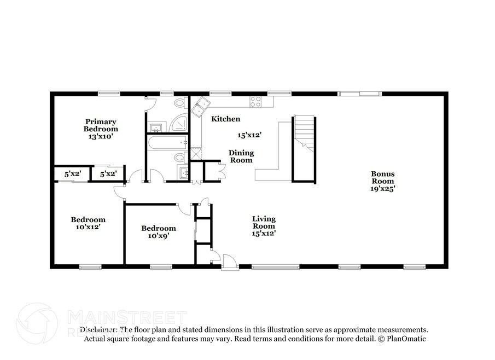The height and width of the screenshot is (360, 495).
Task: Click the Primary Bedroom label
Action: [x=101, y=125]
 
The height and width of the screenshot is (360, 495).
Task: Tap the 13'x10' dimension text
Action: [x=101, y=136]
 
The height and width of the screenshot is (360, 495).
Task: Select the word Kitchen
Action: [x=226, y=119]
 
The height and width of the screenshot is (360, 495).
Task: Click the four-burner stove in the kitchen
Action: [x=255, y=101]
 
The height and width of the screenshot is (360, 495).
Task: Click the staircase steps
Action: [x=305, y=133]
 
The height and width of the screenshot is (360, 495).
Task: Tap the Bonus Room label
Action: [x=383, y=177]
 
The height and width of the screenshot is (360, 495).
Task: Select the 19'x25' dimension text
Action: [x=383, y=189]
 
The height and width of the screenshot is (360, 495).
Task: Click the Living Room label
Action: [x=264, y=222]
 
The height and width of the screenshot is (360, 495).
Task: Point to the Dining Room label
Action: [x=241, y=156]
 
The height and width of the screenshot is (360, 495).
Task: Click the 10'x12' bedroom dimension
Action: [x=88, y=227]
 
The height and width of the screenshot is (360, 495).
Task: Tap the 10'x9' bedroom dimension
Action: [x=159, y=236]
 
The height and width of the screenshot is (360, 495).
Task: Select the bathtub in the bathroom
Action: [x=167, y=143]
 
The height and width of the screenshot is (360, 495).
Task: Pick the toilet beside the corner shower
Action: [x=180, y=103]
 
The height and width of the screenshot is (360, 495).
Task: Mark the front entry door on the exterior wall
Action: [x=230, y=262]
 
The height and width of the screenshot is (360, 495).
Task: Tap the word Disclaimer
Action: [x=98, y=330]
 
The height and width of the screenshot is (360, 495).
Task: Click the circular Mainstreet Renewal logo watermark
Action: [x=37, y=323]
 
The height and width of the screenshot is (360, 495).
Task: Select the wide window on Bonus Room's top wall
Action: [x=359, y=94]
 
